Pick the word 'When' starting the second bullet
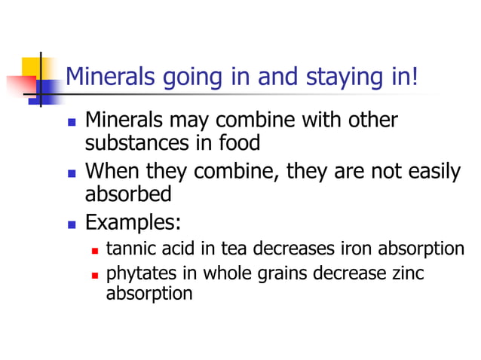coord(109,172)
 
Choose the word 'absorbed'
coord(128,194)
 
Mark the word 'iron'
coord(355,249)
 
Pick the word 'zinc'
coord(408,273)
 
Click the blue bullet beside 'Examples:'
coord(72,224)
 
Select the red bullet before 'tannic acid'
coord(95,250)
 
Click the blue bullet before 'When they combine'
coord(72,172)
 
